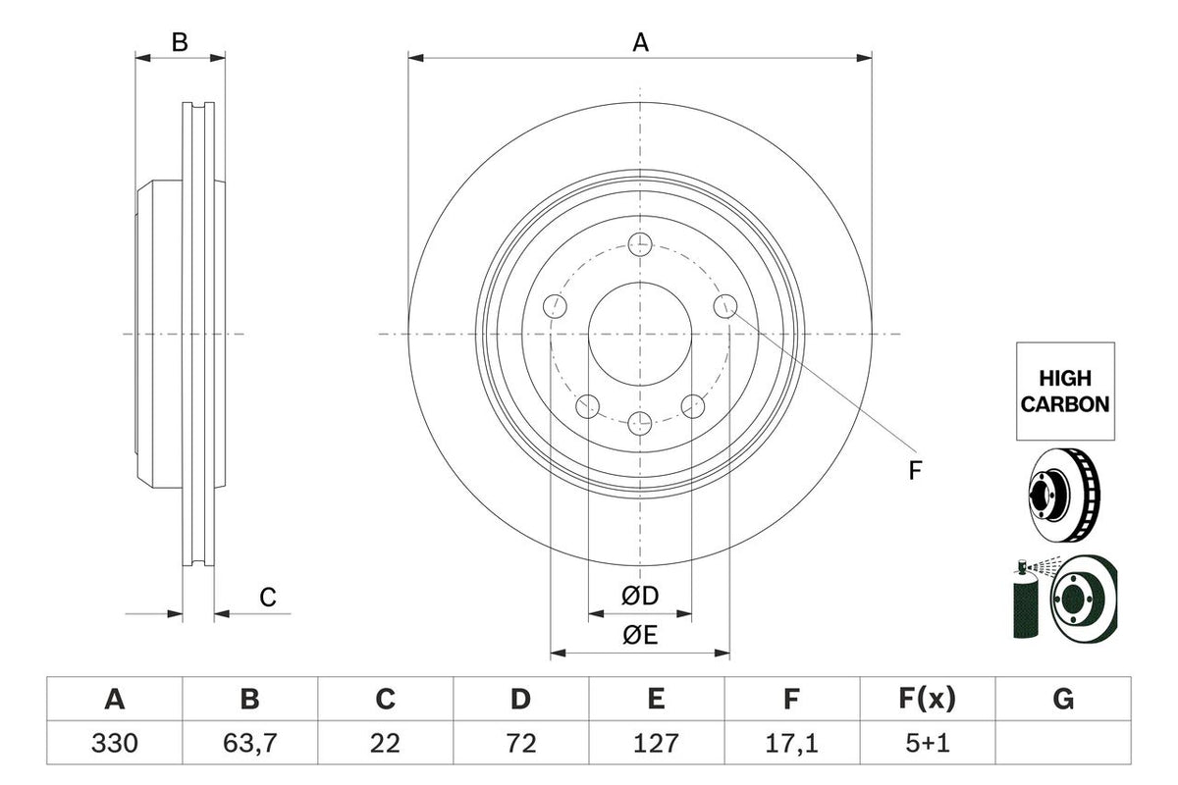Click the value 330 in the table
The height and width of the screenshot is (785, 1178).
115,743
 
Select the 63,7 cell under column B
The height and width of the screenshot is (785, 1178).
250,743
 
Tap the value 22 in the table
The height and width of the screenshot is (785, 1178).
385,743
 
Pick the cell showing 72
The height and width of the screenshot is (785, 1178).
520,743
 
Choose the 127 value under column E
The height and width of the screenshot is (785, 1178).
656,743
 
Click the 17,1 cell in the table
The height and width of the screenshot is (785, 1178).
791,743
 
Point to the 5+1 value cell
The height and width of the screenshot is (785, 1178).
927,743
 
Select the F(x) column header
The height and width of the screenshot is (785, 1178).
927,700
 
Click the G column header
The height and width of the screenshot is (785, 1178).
1062,700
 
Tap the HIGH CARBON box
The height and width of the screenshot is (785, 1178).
1065,391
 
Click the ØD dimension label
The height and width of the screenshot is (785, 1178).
639,596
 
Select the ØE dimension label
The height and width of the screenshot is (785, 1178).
639,635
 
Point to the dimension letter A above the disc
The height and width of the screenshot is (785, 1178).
640,42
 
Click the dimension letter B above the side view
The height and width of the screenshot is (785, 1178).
180,42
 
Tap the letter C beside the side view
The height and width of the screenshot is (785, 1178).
267,596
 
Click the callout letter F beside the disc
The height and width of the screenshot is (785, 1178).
914,471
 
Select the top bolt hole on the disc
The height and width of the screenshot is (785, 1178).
640,243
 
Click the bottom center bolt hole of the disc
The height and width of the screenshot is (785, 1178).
640,424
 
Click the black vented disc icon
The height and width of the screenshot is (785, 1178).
1064,495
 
